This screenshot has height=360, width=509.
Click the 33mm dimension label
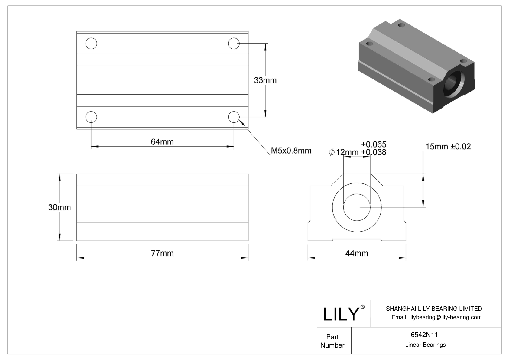pos(265,80)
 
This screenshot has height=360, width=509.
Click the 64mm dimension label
pos(162,142)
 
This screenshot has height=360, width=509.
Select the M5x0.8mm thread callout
pos(291,151)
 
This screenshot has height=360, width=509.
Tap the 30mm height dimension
pos(59,207)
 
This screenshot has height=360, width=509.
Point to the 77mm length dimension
pos(162,253)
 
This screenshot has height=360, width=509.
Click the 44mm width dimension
pos(357,253)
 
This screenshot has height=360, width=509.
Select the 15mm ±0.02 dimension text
pos(448,147)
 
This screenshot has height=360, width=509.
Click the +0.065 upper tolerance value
pos(374,144)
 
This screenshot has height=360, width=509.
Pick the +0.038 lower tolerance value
pos(374,152)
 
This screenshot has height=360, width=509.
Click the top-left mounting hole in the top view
pos(91,44)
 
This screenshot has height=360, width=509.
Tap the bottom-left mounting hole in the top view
pos(91,117)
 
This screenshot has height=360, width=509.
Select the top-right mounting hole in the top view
pos(234,44)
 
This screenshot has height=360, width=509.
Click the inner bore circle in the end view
pos(357,207)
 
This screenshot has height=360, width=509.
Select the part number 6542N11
pos(424,335)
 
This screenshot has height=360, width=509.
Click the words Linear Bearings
pos(425,345)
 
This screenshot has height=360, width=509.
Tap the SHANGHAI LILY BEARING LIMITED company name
pos(434,309)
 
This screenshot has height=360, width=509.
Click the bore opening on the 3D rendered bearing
pos(452,84)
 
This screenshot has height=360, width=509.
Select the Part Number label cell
pos(332,341)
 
